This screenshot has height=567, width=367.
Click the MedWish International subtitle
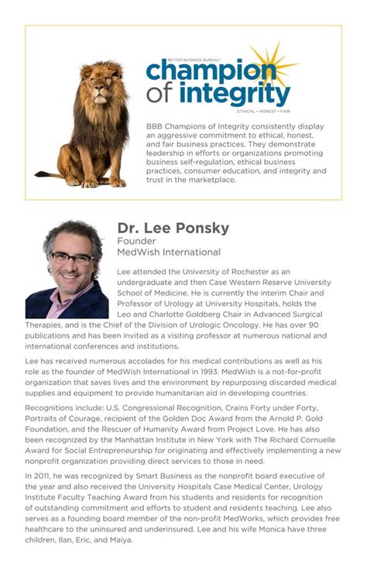pyautogui.click(x=169, y=253)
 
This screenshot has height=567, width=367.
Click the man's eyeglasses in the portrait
pyautogui.click(x=71, y=257)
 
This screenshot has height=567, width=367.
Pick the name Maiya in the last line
pyautogui.click(x=121, y=539)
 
